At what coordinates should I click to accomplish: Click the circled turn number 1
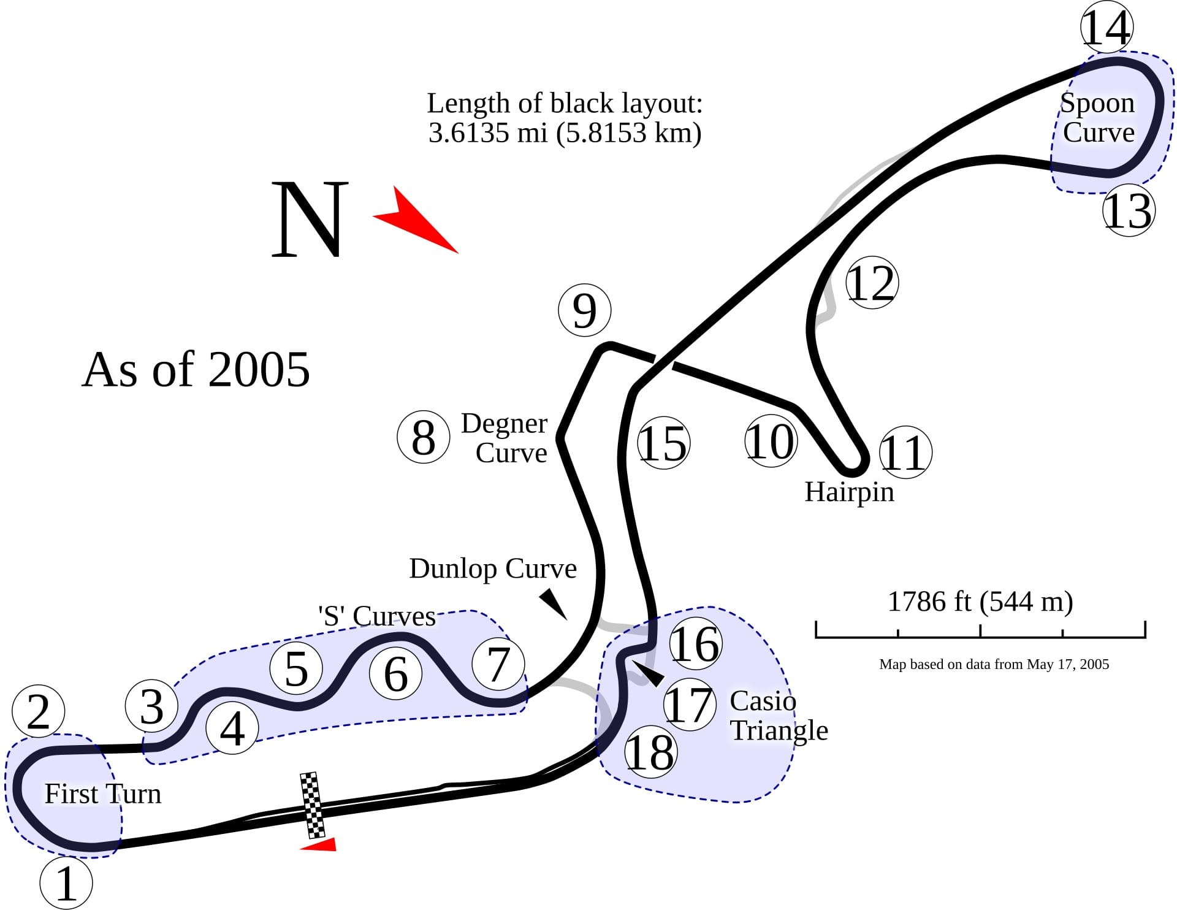tap(66, 883)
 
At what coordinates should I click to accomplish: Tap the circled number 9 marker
tap(585, 310)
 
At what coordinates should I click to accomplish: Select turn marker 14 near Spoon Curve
tap(1107, 28)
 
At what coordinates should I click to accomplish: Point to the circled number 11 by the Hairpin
tap(905, 453)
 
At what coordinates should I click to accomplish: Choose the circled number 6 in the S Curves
tap(396, 673)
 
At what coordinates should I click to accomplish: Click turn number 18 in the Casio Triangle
tap(650, 752)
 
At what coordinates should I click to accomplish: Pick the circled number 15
tap(664, 443)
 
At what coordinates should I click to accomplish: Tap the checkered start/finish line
tap(313, 805)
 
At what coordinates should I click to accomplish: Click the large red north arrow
tap(416, 219)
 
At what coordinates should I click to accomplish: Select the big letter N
tap(310, 219)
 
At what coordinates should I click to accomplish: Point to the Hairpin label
tap(849, 492)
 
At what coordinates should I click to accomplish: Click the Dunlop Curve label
tap(493, 568)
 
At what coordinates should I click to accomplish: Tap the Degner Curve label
tap(504, 438)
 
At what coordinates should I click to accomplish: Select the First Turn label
tap(103, 793)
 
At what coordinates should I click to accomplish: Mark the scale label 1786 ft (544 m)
tap(980, 602)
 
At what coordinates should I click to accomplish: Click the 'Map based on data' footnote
tap(994, 664)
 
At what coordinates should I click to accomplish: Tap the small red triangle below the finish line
tap(319, 844)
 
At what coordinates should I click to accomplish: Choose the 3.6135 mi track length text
tap(565, 132)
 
